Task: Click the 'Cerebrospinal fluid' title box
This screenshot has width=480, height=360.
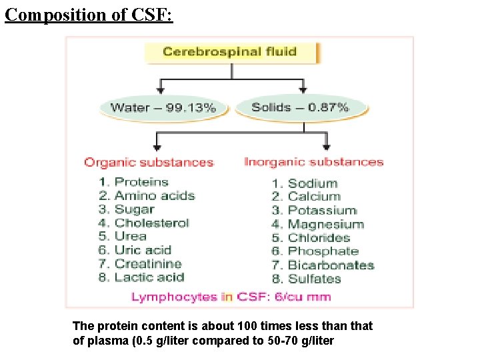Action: [x=230, y=52]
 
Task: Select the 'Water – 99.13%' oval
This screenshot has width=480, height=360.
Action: [x=163, y=108]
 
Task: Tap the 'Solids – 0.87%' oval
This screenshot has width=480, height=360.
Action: [x=300, y=107]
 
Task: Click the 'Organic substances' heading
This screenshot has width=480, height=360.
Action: [x=148, y=162]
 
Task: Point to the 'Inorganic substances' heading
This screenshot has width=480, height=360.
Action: [x=313, y=162]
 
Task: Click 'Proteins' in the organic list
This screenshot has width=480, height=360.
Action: [x=141, y=182]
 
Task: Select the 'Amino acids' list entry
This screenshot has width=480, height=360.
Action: [x=154, y=196]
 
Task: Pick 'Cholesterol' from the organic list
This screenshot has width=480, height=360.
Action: [x=151, y=223]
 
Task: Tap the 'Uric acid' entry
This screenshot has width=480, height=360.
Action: [x=143, y=251]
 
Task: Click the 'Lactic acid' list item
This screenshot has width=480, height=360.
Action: [x=149, y=278]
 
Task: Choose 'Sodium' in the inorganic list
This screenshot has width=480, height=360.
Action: [x=312, y=183]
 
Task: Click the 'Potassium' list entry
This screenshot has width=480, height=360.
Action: [x=322, y=211]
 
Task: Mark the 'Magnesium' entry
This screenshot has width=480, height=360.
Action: [x=325, y=225]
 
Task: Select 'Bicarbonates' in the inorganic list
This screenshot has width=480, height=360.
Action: [x=331, y=265]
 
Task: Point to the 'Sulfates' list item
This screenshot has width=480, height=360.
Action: [x=314, y=279]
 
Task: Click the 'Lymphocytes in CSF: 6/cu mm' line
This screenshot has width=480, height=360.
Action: [x=231, y=297]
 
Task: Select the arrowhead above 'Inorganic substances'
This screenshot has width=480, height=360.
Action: [x=326, y=146]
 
